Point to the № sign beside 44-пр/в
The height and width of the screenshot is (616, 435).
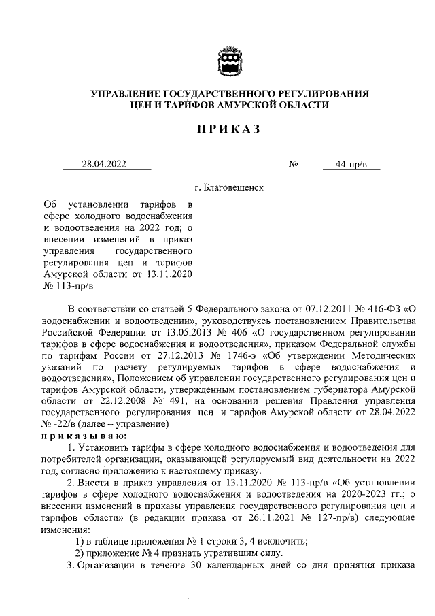click(294, 164)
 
